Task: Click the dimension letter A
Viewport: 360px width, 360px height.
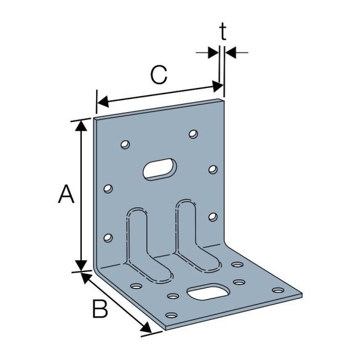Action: (66, 195)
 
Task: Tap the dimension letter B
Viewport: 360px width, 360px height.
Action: (99, 308)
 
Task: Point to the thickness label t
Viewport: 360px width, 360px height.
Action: (223, 32)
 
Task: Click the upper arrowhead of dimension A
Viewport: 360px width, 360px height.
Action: (81, 125)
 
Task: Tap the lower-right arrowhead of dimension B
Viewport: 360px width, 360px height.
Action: (146, 330)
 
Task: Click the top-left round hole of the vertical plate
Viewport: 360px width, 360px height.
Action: (124, 145)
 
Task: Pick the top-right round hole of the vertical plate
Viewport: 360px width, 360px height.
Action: (194, 134)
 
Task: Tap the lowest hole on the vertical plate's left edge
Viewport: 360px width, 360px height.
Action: (109, 237)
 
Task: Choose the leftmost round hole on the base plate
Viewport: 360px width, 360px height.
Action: (135, 286)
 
